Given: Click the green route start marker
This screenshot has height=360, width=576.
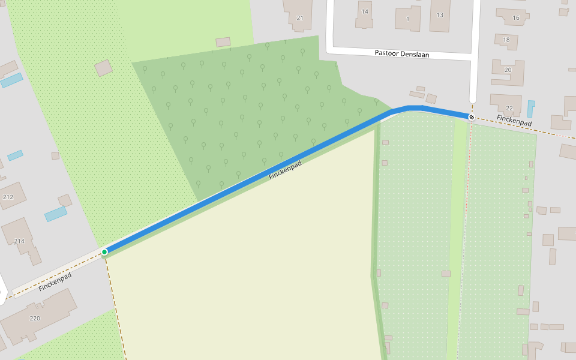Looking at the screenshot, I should click(104, 252).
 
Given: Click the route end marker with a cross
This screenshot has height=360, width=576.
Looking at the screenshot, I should click(472, 118).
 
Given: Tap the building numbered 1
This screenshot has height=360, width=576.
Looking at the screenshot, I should click(408, 18).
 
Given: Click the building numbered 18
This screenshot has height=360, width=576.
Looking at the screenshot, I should click(506, 41).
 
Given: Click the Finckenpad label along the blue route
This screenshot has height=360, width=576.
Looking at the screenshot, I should click(285, 170).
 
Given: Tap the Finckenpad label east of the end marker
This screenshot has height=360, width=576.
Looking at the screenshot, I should click(514, 121).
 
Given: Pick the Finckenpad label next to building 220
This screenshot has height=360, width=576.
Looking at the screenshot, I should click(55, 282).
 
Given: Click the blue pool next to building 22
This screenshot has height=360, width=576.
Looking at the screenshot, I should click(531, 109).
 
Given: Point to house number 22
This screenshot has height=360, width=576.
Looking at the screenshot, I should click(509, 108).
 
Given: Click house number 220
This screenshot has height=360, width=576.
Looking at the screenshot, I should click(35, 318).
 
